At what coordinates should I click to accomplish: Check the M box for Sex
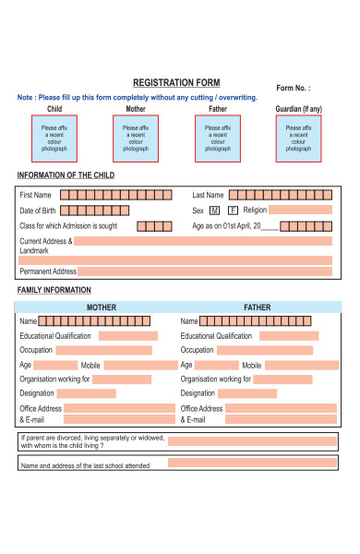pos(214,211)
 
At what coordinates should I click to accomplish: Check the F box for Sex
pos(233,211)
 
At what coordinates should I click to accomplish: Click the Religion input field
pos(301,211)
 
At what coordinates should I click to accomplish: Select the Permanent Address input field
pos(205,271)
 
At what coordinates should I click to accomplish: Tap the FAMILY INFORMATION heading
pos(54,290)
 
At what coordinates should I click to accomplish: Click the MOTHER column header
pos(102,307)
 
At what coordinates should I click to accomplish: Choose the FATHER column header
pos(257,307)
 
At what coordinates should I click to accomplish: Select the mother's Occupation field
pos(103,351)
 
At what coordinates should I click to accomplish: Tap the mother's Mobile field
pos(141,366)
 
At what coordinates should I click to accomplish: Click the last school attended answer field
pos(252,465)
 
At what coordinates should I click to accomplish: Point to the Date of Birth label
pos(44,211)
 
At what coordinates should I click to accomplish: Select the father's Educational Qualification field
pos(289,336)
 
